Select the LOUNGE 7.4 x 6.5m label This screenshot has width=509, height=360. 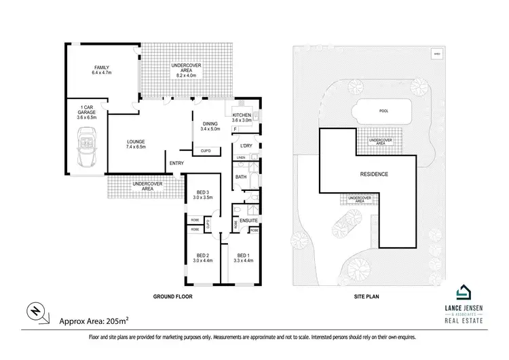[x=135, y=145]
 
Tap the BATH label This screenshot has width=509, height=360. [x=241, y=177]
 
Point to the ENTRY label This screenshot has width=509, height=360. [x=176, y=163]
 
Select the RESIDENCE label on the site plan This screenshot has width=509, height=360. [x=374, y=175]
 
